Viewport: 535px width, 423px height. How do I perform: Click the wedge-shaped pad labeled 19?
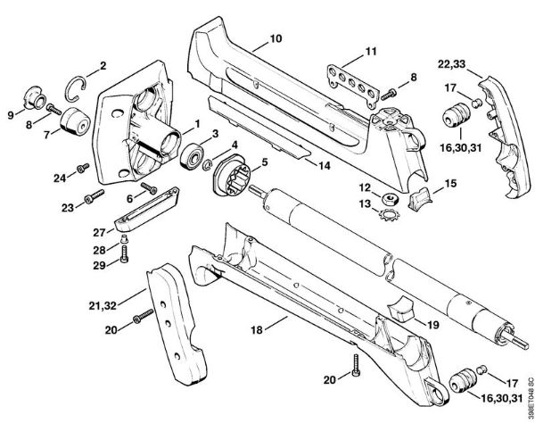[x=400, y=309]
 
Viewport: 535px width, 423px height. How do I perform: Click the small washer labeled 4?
[x=207, y=165]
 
